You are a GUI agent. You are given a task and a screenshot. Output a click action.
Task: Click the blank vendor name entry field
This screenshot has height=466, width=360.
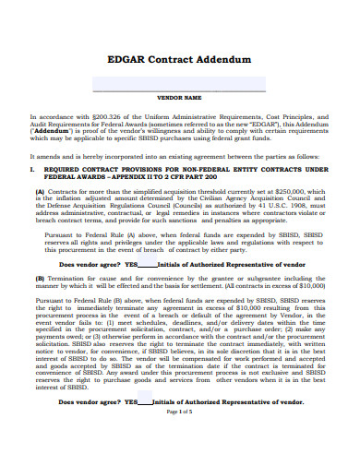(179, 84)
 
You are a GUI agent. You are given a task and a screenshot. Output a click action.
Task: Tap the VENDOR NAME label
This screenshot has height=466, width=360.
(179, 97)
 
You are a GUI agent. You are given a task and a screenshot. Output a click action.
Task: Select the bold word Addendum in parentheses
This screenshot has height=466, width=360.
(57, 133)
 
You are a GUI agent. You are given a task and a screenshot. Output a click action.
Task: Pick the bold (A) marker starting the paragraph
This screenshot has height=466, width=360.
(40, 191)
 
